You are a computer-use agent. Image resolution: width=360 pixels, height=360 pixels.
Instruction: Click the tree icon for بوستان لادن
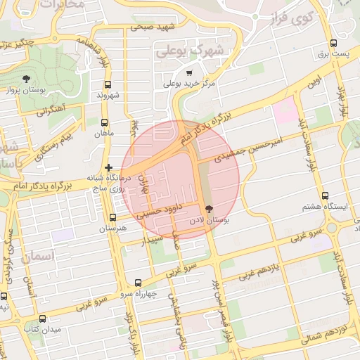[x=208, y=209]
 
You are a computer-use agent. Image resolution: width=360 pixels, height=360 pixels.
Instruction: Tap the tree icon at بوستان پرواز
[x=26, y=78]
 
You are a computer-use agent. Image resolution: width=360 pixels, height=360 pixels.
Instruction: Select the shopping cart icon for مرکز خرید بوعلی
[x=188, y=72]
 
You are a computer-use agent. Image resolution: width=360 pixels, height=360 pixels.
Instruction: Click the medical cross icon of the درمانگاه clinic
[x=108, y=167]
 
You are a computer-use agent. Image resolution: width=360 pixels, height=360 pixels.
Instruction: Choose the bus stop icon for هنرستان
[x=113, y=217]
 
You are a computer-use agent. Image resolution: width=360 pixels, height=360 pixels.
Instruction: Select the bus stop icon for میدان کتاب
[x=42, y=318]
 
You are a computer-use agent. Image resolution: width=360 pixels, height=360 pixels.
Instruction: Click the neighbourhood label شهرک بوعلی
[x=190, y=51]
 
